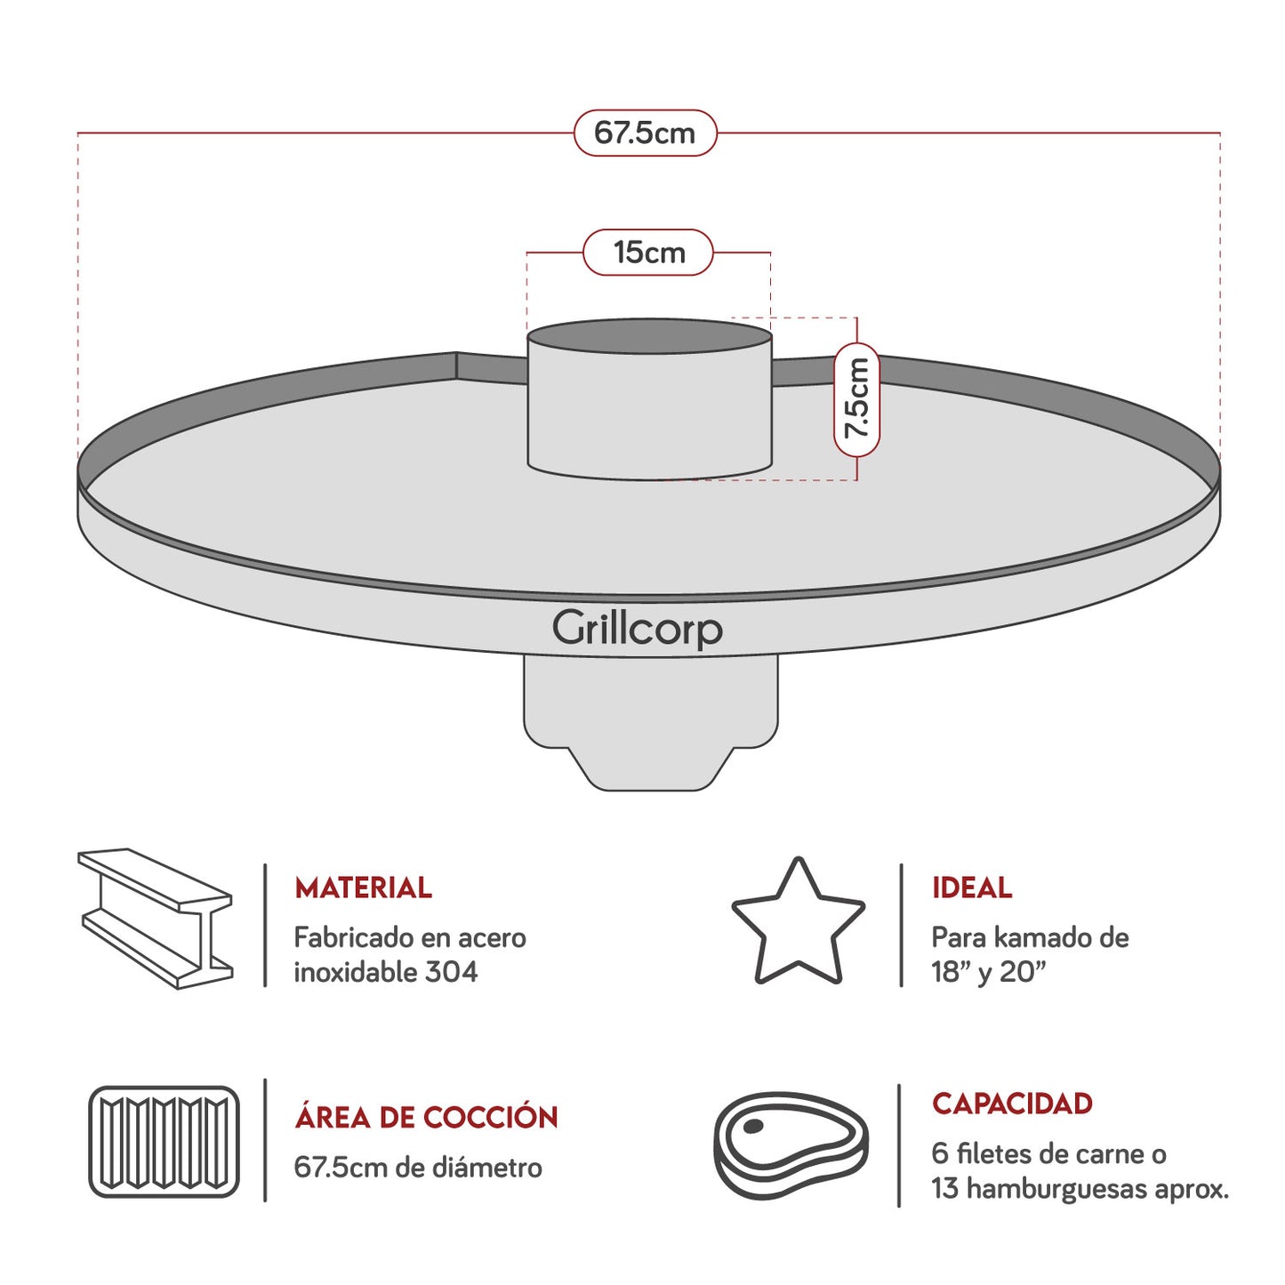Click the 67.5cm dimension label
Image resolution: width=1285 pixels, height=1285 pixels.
tap(645, 133)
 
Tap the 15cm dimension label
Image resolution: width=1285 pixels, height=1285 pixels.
tap(648, 253)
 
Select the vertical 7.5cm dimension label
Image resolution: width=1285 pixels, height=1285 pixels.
tap(857, 398)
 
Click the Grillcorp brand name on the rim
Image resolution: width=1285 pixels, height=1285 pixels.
tap(637, 629)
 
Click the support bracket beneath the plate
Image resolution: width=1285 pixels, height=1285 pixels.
tap(650, 720)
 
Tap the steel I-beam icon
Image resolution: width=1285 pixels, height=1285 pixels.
tap(157, 919)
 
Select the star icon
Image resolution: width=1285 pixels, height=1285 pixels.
tap(798, 924)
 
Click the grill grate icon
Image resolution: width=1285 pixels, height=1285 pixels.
tap(165, 1142)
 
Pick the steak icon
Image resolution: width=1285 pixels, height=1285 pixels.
tap(791, 1144)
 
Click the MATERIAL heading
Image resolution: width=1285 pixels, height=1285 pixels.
tap(363, 887)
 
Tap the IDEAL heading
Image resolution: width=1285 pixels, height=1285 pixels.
tap(971, 887)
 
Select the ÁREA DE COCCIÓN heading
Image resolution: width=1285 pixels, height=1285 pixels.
tap(426, 1117)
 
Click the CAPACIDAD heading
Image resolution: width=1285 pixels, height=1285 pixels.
tap(1012, 1104)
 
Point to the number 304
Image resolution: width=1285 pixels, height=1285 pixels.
tap(451, 972)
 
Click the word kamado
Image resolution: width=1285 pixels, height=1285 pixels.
tap(1032, 937)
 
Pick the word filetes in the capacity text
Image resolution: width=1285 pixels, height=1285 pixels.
tap(998, 1153)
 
